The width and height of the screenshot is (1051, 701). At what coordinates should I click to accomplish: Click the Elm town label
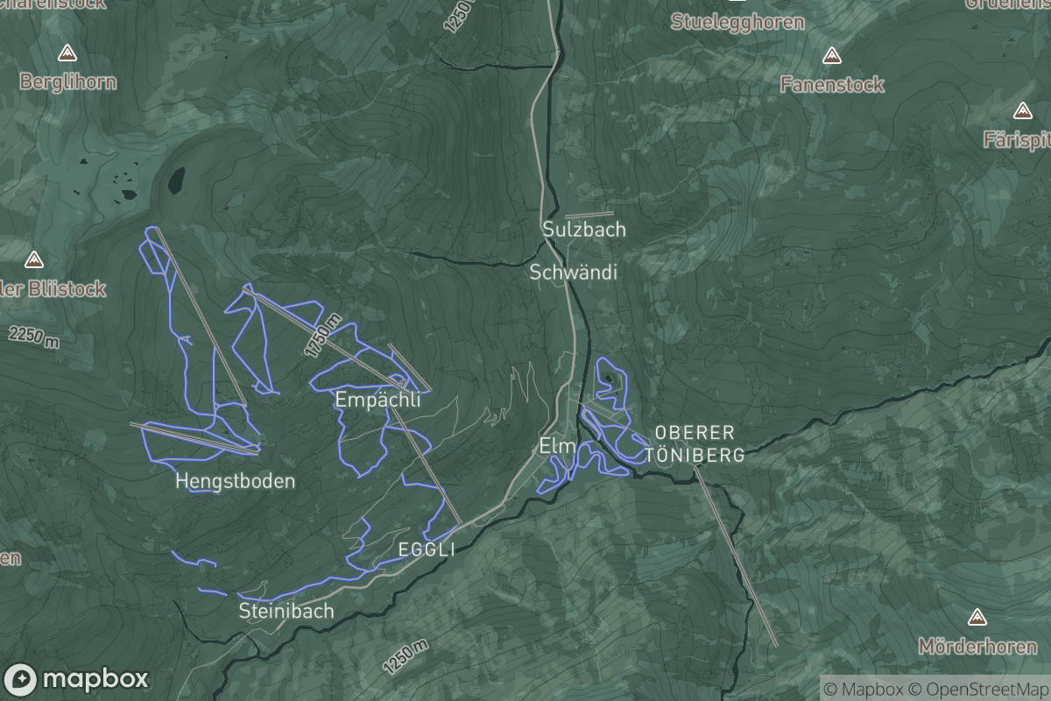coord(557,446)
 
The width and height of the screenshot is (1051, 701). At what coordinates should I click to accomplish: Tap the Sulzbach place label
coord(584,230)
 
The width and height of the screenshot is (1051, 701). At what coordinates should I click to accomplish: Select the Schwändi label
coord(574,273)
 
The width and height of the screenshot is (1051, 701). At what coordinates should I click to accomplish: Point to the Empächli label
coord(377,400)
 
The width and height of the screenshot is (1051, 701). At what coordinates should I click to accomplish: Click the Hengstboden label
coord(235,481)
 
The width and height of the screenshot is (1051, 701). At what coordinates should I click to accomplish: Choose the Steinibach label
coord(286,611)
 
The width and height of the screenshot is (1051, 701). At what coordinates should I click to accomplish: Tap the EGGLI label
coord(427,549)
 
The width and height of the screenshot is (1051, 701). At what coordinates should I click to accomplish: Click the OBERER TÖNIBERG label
coord(695,444)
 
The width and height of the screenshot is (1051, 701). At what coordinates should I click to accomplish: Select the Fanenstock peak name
coord(832,85)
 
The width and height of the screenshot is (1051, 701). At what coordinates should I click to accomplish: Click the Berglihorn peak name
coord(67,82)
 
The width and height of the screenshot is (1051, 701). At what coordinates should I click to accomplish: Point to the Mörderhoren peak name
coord(977,647)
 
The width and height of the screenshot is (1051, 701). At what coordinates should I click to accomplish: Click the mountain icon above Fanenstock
coord(832,56)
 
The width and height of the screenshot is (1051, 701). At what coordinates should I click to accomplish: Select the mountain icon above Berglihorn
coord(67,53)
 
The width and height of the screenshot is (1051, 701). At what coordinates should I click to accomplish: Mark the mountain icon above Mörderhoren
coord(977,618)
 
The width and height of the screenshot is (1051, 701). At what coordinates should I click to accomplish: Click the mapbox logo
coord(76,679)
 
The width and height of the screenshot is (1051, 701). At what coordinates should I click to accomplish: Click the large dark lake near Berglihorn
coord(177,181)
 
